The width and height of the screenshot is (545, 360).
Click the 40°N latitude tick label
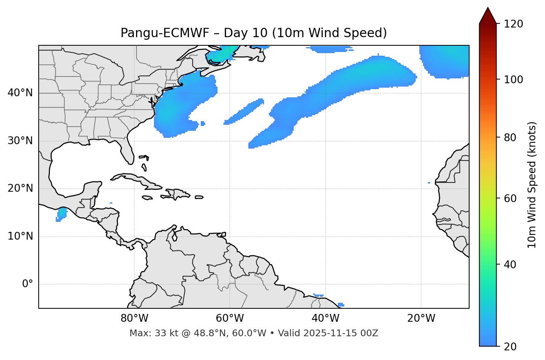tap(20, 93)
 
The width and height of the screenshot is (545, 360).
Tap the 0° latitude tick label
tap(28, 284)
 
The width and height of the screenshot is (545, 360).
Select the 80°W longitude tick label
tap(134, 318)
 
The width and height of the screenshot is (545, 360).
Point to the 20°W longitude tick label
tap(421, 318)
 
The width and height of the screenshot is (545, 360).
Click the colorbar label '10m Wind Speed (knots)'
tap(532, 185)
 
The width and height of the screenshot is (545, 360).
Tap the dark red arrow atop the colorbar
tap(488, 16)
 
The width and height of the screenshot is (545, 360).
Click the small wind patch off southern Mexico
tap(61, 214)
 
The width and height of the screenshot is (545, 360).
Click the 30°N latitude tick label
tap(20, 141)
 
